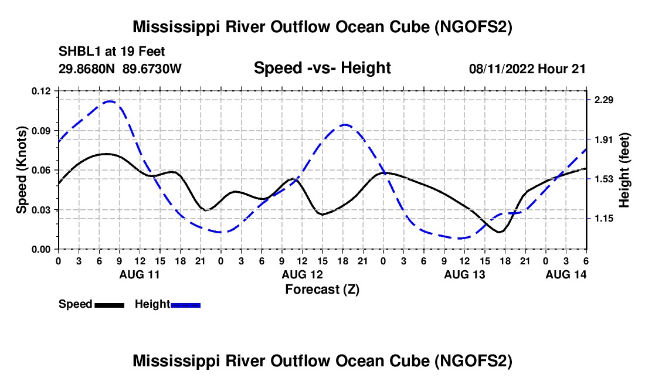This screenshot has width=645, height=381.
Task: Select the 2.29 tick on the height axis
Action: [x=603, y=100]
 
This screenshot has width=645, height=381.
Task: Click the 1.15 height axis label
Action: [x=603, y=219]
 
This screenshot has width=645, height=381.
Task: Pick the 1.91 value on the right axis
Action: [x=603, y=140]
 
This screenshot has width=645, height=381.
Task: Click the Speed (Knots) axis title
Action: [x=21, y=170]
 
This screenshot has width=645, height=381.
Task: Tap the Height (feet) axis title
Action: [x=624, y=170]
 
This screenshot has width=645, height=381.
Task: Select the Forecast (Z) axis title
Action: [x=322, y=289]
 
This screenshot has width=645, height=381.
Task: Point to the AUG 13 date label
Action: [x=464, y=274]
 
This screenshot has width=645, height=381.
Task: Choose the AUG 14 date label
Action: [x=566, y=274]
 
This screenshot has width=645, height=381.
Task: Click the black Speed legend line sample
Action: [x=109, y=305]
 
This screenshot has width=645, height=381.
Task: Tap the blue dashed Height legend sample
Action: [x=186, y=305]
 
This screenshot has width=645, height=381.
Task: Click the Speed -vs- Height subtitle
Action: [x=322, y=69]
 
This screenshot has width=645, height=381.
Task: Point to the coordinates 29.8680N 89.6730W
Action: [x=120, y=69]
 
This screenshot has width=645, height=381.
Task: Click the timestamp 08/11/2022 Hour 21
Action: [x=527, y=69]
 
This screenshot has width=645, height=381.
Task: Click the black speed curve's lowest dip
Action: [x=500, y=232]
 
